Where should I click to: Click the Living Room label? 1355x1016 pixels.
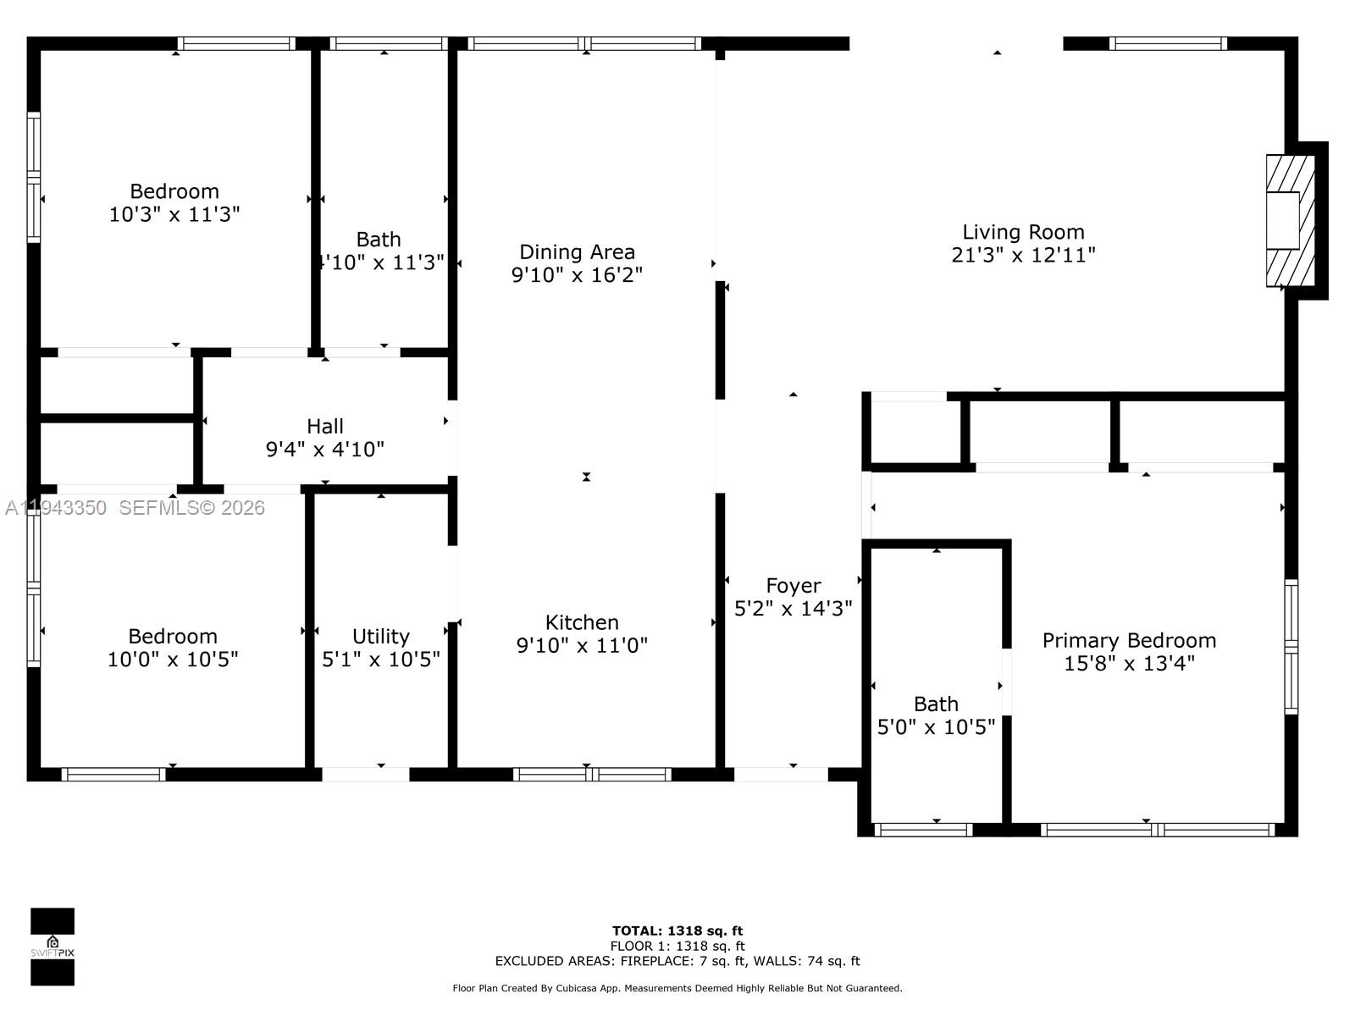pos(1023,232)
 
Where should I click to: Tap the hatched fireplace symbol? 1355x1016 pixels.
pos(1289,220)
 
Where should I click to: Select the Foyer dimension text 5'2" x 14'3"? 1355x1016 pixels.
pos(793,609)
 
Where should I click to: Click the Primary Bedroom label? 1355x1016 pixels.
pos(1129,640)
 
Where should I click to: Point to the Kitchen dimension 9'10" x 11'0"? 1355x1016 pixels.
pos(582,646)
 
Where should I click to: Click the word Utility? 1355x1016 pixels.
pos(380,636)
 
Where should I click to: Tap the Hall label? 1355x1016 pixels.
pos(325,426)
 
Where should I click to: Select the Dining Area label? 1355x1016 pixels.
pos(577,251)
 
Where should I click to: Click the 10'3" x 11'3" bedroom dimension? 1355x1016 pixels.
pos(174,214)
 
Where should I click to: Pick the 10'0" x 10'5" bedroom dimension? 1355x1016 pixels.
pos(173,660)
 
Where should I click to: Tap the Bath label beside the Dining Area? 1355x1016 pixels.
pos(379,240)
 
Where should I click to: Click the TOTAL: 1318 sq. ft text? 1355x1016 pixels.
pos(677,930)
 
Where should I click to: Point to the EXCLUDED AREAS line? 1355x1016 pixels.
pos(677,961)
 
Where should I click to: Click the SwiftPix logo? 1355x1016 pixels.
pos(53,947)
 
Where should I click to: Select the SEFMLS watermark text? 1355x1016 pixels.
pos(191,508)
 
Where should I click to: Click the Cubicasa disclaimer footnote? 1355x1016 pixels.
pos(677,988)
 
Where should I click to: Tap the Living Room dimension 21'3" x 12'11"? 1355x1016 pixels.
pos(1023,255)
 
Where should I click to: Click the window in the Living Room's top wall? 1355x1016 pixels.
pos(1168,44)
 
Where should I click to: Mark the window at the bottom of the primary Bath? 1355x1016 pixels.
pos(923,830)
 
